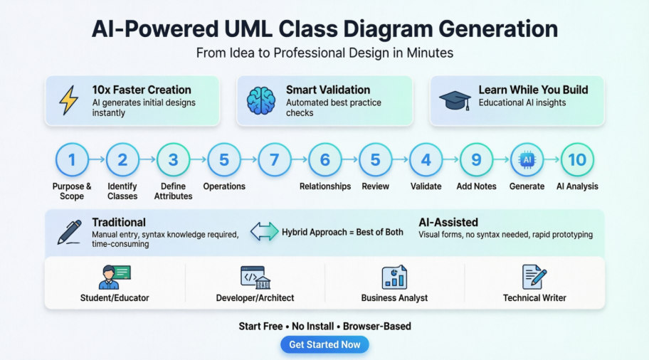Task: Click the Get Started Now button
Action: tap(324, 344)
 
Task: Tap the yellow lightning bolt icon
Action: tap(68, 100)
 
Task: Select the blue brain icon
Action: tap(260, 100)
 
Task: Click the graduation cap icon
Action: tap(455, 100)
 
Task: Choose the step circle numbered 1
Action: tap(71, 159)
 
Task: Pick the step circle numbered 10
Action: tap(577, 159)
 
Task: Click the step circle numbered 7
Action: tap(275, 159)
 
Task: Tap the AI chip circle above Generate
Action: tap(527, 159)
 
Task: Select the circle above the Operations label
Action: tap(224, 159)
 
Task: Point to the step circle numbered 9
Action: tap(476, 159)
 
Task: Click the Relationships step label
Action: tap(325, 186)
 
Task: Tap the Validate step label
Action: tap(426, 186)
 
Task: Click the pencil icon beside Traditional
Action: tap(69, 233)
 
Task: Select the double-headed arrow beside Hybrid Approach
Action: tap(264, 232)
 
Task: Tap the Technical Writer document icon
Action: tap(534, 277)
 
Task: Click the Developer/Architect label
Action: tap(255, 297)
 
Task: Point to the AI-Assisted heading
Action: tap(448, 222)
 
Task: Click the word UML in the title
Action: tap(246, 29)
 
